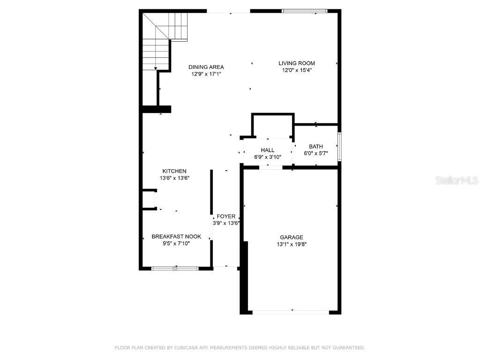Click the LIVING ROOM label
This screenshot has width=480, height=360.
296,63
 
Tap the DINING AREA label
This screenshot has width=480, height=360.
206,67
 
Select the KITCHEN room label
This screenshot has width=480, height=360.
174,171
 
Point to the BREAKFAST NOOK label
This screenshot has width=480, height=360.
176,237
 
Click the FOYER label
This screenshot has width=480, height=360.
226,217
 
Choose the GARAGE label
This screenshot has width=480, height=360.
292,237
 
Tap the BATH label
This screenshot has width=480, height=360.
315,147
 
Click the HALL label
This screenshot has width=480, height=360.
268,150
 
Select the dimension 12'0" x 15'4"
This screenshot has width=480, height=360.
296,70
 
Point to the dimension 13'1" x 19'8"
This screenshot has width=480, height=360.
292,244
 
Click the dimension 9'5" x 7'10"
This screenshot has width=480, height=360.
176,243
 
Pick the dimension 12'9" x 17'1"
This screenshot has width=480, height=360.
206,74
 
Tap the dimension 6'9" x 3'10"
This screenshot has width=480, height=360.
268,157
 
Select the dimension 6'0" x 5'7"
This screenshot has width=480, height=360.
315,153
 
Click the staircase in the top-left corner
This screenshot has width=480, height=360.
164,40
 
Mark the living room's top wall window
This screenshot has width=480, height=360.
304,11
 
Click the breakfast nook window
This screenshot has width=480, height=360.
175,269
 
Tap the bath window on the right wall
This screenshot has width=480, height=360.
339,146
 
